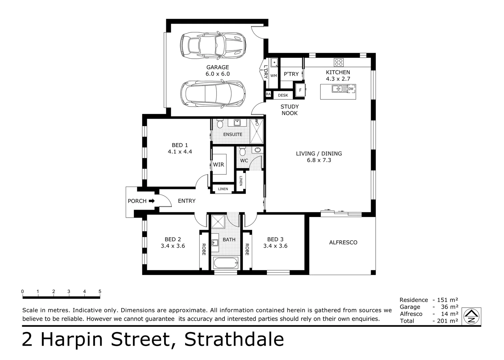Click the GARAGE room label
click(x=218, y=67)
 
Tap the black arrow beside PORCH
click(x=152, y=201)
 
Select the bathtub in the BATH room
click(x=226, y=263)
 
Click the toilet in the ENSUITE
click(x=220, y=124)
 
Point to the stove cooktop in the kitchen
click(x=339, y=62)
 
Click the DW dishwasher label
click(x=351, y=89)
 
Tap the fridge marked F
click(x=300, y=90)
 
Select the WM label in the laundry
click(x=273, y=76)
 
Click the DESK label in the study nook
click(x=283, y=95)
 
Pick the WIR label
click(x=219, y=165)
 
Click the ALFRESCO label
click(x=343, y=242)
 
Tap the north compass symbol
click(x=471, y=316)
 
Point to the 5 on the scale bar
click(x=100, y=291)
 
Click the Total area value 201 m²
click(x=447, y=321)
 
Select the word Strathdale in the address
click(x=234, y=339)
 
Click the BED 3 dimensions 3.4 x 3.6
click(x=275, y=246)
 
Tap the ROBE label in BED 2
click(x=204, y=249)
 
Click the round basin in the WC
click(x=257, y=150)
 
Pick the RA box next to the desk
click(x=268, y=94)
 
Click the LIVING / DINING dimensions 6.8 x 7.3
click(x=319, y=160)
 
